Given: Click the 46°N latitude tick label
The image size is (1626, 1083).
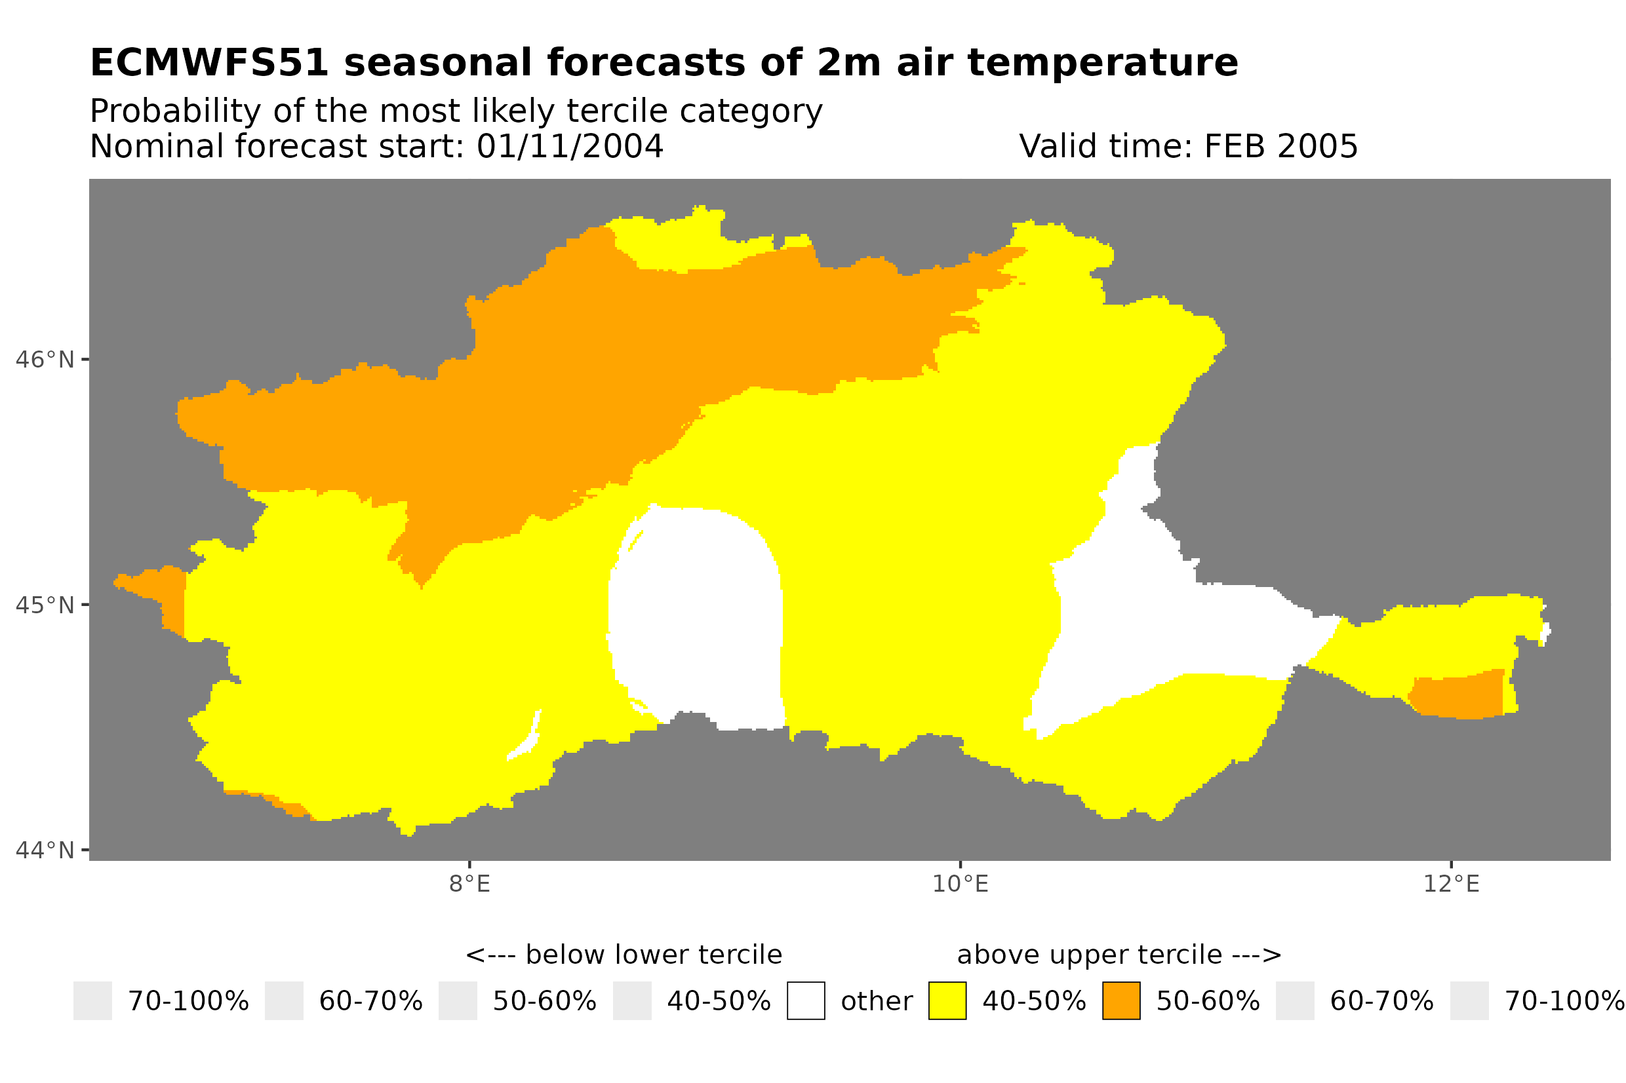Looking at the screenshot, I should (44, 360).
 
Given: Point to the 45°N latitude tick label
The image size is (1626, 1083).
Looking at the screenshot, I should (44, 605).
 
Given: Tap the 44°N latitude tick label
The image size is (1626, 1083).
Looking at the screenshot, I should (44, 850).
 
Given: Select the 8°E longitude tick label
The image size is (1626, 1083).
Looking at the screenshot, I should (470, 884).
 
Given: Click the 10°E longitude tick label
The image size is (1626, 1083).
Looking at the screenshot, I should (961, 884).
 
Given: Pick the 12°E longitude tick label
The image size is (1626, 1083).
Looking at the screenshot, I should (1451, 884).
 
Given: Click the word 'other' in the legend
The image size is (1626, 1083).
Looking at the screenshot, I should (876, 1002).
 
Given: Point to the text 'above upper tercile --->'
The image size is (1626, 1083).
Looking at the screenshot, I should (1119, 955).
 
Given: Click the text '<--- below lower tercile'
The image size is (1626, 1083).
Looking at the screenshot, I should (624, 955).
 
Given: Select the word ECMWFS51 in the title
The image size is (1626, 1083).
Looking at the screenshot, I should (209, 63).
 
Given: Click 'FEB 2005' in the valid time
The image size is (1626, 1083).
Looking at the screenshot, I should (1280, 146).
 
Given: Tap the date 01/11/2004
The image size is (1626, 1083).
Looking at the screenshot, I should (570, 146).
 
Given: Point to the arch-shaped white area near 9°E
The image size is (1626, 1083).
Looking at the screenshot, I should (694, 615).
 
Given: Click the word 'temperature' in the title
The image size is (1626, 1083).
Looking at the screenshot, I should (1102, 63).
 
